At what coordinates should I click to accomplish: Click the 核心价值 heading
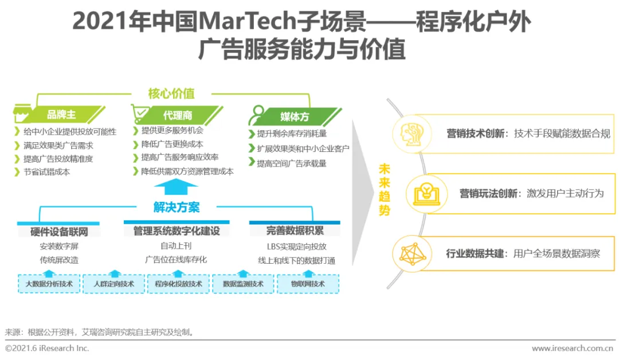click(x=171, y=93)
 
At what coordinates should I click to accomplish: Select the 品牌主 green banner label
click(x=61, y=115)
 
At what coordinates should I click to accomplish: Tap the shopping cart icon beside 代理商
click(x=141, y=113)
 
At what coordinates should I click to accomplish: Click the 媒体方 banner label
click(x=295, y=117)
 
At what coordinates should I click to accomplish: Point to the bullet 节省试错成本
click(x=46, y=172)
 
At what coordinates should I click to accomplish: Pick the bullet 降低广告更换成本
click(x=172, y=144)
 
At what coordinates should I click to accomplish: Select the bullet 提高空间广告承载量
click(x=291, y=163)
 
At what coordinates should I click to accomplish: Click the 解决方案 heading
click(x=176, y=207)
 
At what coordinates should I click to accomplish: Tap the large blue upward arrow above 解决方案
click(x=176, y=187)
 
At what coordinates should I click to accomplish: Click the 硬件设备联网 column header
click(x=59, y=232)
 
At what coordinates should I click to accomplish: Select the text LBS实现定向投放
click(x=296, y=246)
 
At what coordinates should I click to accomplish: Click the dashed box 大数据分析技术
click(x=49, y=284)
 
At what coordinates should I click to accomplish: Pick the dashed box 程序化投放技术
click(x=178, y=284)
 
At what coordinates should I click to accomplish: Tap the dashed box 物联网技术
click(x=308, y=284)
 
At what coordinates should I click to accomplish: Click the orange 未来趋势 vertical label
click(x=384, y=190)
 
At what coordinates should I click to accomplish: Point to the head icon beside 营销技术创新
click(x=412, y=134)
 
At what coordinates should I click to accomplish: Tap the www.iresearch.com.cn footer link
click(x=573, y=348)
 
